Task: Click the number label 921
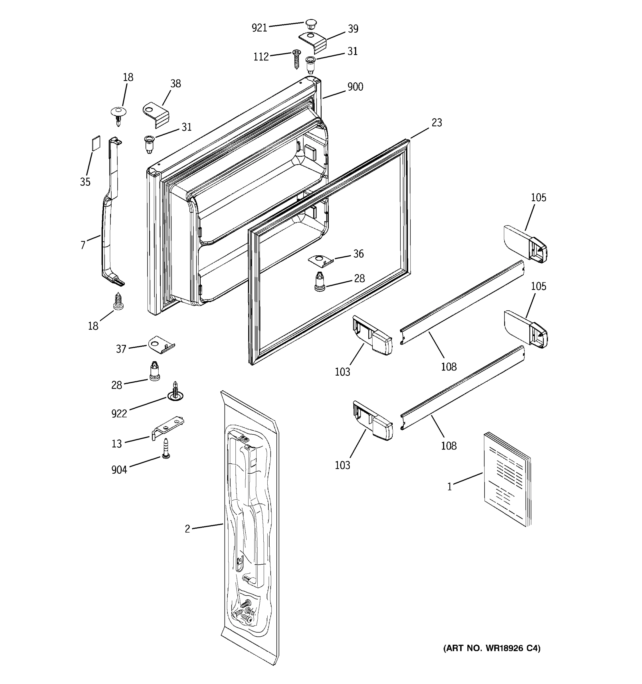(x=259, y=28)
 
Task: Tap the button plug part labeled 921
(x=310, y=24)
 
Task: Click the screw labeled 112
(x=296, y=59)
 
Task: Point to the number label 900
(x=355, y=87)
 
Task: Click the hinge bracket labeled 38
(x=156, y=115)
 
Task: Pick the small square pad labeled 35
(x=96, y=143)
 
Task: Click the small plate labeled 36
(x=320, y=260)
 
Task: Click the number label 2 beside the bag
(x=187, y=529)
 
